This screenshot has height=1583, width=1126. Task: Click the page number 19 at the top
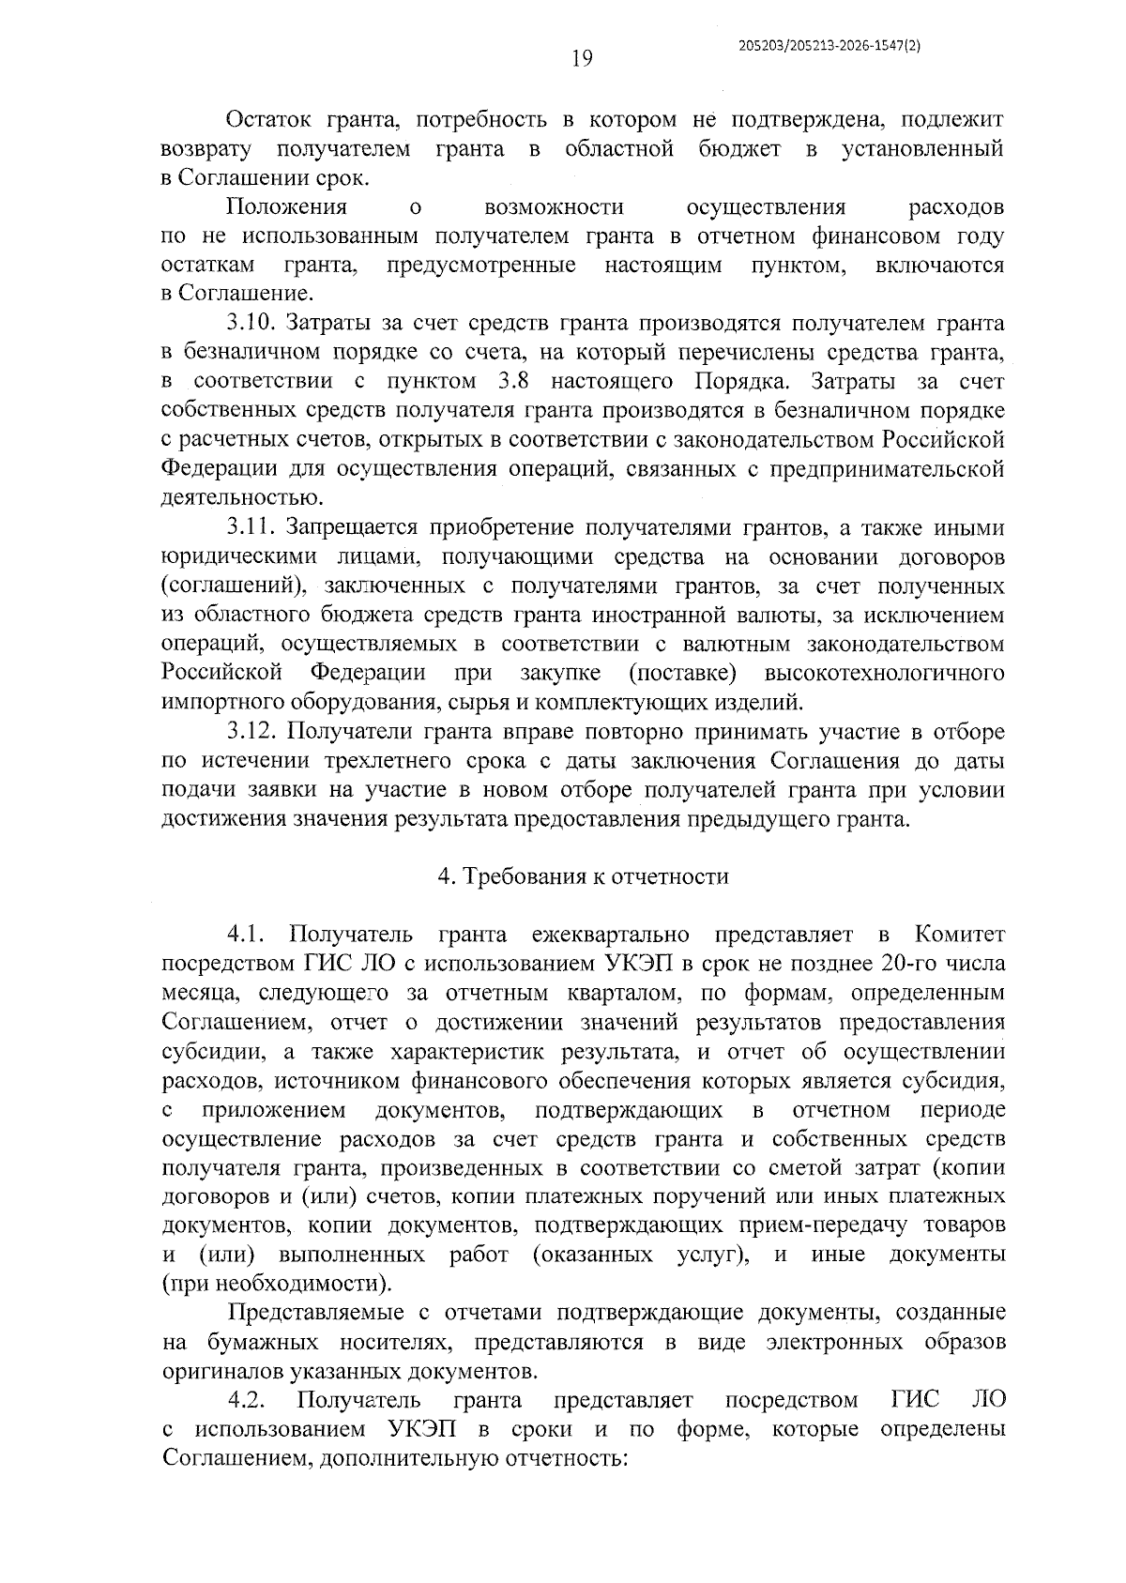tap(581, 59)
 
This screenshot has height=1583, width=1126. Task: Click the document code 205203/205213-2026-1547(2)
tap(829, 44)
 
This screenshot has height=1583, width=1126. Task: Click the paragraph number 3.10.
tap(251, 324)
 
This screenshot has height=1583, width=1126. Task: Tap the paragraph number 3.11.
tap(251, 528)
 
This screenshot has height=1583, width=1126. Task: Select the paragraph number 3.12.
tap(251, 732)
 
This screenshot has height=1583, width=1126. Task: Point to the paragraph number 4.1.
tap(246, 935)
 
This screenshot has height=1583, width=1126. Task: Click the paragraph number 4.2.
tap(248, 1400)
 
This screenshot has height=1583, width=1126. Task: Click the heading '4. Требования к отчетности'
tap(583, 876)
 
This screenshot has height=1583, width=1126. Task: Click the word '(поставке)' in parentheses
tap(682, 673)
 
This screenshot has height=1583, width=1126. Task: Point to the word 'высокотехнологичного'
tap(885, 673)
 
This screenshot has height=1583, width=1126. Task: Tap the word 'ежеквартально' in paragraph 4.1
tap(609, 935)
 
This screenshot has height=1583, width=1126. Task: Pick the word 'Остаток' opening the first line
tap(268, 120)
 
